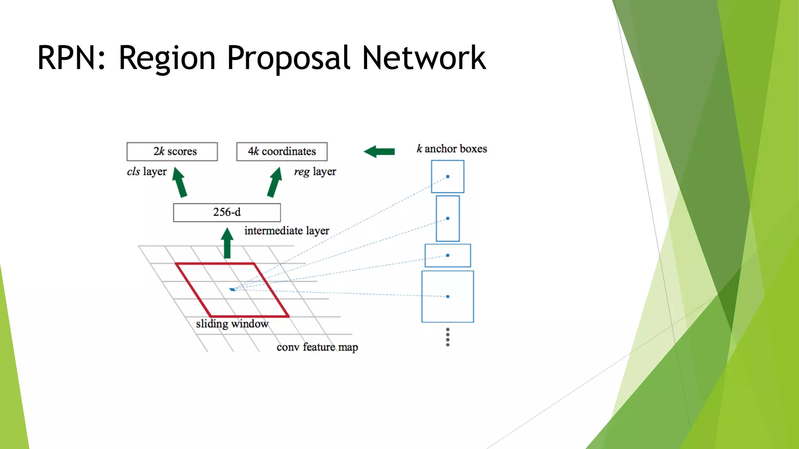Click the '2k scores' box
172,152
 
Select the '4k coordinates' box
282,152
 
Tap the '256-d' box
227,212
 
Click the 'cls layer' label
147,171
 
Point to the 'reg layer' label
315,171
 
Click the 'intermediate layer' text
287,231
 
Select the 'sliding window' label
232,324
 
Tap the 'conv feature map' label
317,347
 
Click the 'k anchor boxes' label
452,149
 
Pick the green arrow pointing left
379,152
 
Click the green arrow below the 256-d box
227,244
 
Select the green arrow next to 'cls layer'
180,182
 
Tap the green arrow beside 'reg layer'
275,182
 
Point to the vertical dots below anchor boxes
447,337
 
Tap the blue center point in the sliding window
233,290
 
